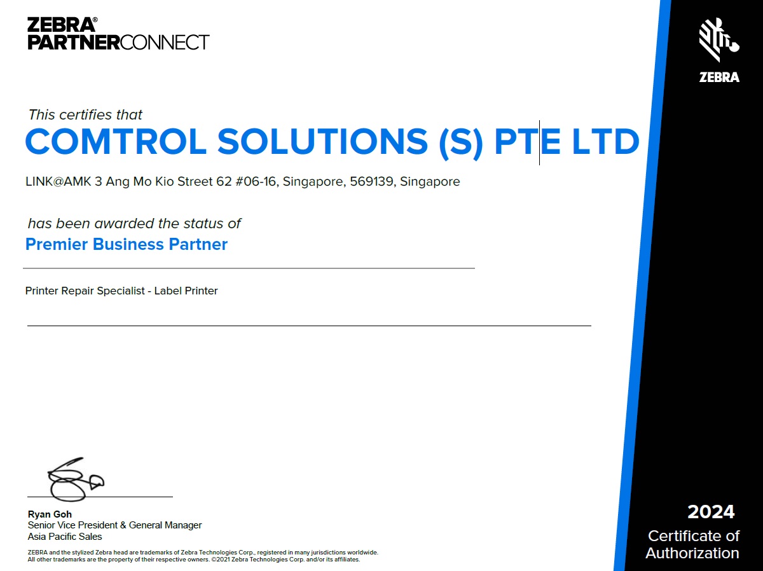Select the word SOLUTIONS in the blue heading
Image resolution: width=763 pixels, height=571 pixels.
click(x=323, y=142)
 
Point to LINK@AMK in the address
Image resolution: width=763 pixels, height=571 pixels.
click(x=58, y=182)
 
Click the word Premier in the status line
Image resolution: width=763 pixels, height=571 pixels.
click(x=57, y=244)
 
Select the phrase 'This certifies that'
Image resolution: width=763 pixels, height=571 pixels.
click(x=85, y=115)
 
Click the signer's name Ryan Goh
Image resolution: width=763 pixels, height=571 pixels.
click(x=50, y=514)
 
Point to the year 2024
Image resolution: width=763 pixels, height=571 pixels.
click(x=711, y=512)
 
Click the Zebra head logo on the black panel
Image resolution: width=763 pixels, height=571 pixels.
click(x=719, y=39)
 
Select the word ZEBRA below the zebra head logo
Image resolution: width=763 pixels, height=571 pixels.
click(x=719, y=78)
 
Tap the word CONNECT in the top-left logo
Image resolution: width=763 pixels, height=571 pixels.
click(x=165, y=43)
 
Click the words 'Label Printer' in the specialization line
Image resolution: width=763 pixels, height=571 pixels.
click(x=186, y=291)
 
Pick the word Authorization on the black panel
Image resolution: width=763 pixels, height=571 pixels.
click(x=692, y=553)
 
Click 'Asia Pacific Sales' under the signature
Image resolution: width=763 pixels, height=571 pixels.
click(x=65, y=537)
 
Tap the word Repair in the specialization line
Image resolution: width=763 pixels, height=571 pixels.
click(x=78, y=291)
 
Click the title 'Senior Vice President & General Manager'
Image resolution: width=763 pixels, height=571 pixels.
click(x=114, y=525)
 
